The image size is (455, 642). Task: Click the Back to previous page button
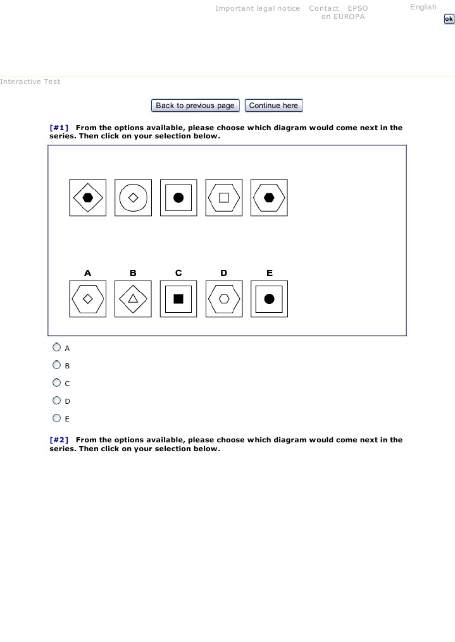[195, 106]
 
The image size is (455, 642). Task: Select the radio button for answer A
[57, 348]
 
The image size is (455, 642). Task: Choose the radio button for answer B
[57, 365]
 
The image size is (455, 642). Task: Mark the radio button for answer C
[57, 383]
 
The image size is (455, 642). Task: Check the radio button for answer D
[57, 401]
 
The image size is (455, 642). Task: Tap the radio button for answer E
[57, 418]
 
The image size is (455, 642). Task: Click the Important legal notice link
[258, 8]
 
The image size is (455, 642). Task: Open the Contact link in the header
[324, 8]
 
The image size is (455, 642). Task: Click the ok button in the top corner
[449, 19]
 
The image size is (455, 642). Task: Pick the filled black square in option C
[178, 299]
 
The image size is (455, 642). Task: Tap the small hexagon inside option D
[224, 299]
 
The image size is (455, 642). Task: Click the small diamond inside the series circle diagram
[133, 198]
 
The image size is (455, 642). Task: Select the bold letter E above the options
[270, 273]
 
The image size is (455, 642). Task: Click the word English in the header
[423, 7]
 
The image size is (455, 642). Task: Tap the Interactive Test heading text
[30, 82]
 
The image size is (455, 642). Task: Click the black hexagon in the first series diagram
[88, 198]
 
